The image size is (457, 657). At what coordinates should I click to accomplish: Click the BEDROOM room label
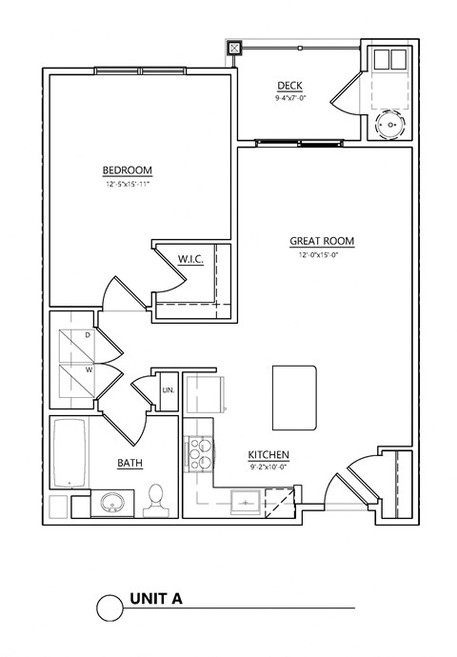[x=128, y=170]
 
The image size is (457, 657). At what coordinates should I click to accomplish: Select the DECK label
[x=289, y=86]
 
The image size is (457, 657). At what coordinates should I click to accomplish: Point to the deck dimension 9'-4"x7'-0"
[x=289, y=97]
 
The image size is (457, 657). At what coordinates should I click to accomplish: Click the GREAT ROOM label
[x=322, y=242]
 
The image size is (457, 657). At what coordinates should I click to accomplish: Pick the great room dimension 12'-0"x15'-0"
[x=322, y=254]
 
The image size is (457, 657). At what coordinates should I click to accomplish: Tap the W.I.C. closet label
[x=191, y=259]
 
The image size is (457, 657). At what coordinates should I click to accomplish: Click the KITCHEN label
[x=268, y=455]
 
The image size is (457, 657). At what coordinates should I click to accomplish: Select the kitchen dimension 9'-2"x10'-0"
[x=268, y=468]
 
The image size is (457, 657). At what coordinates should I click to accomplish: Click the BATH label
[x=130, y=464]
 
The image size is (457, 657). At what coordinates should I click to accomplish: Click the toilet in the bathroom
[x=156, y=500]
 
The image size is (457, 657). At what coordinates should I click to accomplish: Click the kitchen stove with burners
[x=202, y=453]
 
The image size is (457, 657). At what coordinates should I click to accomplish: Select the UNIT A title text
[x=155, y=600]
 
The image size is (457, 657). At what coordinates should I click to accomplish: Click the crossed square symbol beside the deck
[x=235, y=48]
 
